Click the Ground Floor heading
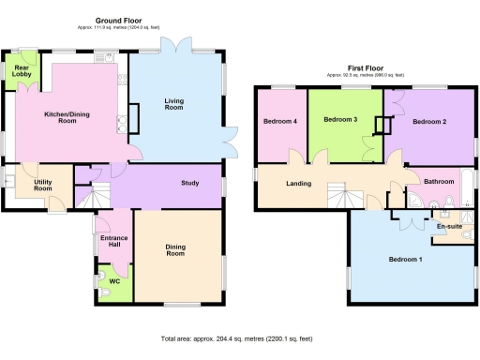click(117, 17)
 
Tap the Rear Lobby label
click(18, 71)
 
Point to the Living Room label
click(173, 104)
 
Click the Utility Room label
click(37, 186)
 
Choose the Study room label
click(192, 183)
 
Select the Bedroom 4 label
click(280, 121)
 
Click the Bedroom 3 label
click(341, 119)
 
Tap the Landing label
click(299, 182)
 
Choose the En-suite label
click(449, 226)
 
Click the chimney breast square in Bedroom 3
click(382, 126)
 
